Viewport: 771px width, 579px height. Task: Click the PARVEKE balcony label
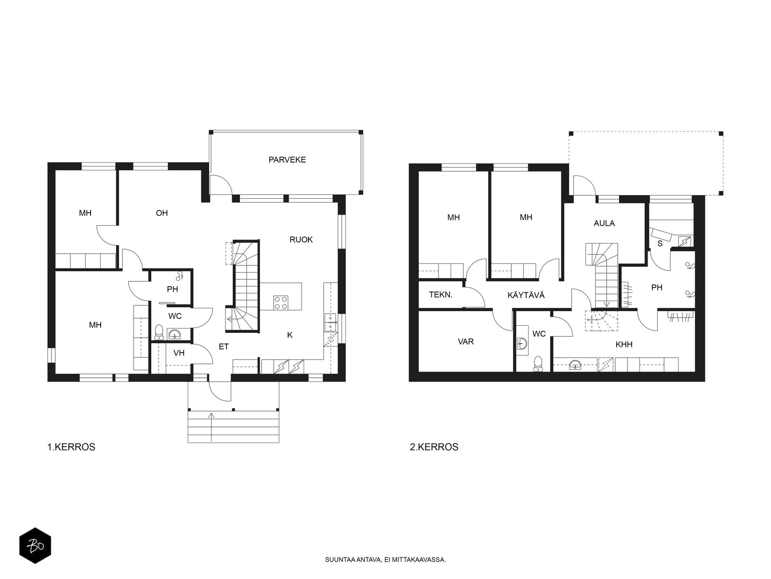[x=287, y=160]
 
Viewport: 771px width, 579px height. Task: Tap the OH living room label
[x=161, y=213]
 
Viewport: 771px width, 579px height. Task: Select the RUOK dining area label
[x=301, y=239]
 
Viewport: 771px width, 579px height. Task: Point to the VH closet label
[x=179, y=353]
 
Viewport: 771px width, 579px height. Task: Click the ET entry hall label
[x=224, y=346]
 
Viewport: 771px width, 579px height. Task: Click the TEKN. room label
[x=440, y=295]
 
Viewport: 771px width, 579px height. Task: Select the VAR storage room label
[x=465, y=341]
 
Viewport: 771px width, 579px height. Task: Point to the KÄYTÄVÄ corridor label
[x=526, y=295]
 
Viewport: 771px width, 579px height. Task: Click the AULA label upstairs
[x=604, y=223]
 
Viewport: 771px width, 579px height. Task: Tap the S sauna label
[x=660, y=243]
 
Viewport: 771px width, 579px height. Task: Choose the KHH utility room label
[x=624, y=344]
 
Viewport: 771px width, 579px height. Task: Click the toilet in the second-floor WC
[x=537, y=363]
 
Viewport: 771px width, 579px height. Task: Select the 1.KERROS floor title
[x=71, y=447]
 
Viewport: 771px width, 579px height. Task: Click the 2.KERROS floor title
[x=434, y=447]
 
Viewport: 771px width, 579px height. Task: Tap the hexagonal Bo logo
[x=35, y=546]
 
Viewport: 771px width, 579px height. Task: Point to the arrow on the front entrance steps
[x=211, y=427]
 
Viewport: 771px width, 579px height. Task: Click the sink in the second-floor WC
[x=523, y=343]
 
